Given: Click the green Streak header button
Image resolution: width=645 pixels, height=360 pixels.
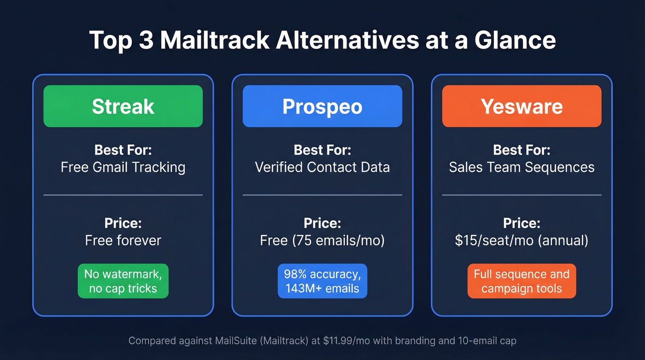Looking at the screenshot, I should click(x=123, y=106).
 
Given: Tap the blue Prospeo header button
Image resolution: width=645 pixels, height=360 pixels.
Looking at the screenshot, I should click(x=322, y=106).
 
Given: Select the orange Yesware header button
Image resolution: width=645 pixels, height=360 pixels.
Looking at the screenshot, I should click(x=522, y=106).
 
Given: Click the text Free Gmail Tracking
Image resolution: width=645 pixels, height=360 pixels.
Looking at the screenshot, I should click(x=123, y=167).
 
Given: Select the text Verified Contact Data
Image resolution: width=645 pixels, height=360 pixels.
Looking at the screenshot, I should click(x=322, y=167).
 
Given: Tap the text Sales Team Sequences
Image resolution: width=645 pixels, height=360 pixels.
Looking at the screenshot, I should click(x=522, y=167).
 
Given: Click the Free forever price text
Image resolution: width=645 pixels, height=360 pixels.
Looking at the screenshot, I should click(x=123, y=240).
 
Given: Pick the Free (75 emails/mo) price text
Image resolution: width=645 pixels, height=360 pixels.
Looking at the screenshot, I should click(x=322, y=240).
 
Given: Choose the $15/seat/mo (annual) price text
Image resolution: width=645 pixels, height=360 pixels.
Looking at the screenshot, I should click(x=522, y=240).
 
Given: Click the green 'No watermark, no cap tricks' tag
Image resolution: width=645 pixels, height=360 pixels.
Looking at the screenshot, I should click(x=123, y=281).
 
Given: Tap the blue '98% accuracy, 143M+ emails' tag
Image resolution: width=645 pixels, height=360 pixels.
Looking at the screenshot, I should click(x=322, y=281).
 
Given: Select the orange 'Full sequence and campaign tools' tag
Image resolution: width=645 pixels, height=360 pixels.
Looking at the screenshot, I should click(x=522, y=281).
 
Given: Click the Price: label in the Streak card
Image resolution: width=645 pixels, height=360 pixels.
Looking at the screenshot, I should click(x=123, y=224).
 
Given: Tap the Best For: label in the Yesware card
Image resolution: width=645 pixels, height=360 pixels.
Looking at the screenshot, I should click(x=522, y=150).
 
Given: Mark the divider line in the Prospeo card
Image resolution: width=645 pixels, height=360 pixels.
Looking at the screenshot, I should click(x=322, y=195).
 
